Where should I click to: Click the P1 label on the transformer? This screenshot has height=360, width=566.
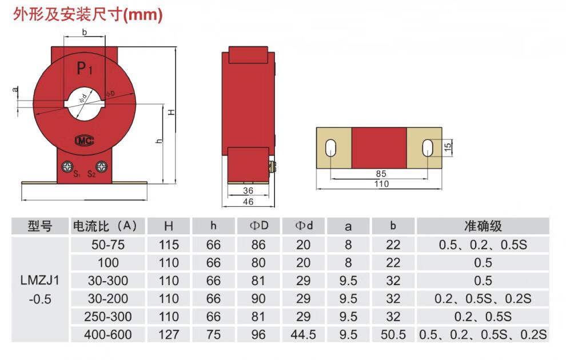coord(85,68)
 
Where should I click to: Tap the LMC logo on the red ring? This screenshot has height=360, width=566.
coord(85,141)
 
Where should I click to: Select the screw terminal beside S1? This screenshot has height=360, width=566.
coord(67,167)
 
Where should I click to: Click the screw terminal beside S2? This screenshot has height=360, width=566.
coord(101,167)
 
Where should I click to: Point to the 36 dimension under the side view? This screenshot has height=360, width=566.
coord(248,190)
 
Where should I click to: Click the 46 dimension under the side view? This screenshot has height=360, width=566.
coord(248,202)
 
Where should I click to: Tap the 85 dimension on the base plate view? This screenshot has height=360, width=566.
coord(381,174)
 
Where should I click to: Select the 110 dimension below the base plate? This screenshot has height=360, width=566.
coord(381,184)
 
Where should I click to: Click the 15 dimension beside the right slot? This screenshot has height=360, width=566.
coord(448,146)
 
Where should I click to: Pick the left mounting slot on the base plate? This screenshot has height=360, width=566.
coord(330,148)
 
